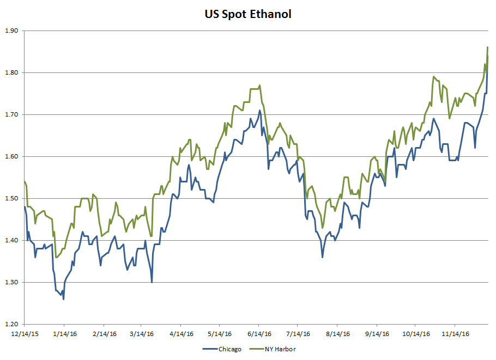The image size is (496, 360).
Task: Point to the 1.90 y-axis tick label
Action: click(x=11, y=31)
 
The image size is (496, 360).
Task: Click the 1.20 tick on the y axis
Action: click(x=11, y=325)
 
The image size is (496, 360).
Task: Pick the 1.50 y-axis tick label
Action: click(x=11, y=199)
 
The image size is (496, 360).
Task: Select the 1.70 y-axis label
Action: click(x=11, y=115)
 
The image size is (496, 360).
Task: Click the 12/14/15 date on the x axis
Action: click(x=24, y=333)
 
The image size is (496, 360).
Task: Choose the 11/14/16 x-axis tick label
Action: click(x=456, y=333)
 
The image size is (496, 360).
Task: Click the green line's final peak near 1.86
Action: click(x=487, y=48)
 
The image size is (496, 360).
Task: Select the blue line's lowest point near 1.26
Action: click(x=63, y=299)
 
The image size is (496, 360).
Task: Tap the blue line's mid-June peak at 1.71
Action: click(x=260, y=111)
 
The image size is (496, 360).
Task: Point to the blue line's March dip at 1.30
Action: click(x=152, y=282)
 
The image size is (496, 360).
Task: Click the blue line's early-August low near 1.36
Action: click(x=322, y=257)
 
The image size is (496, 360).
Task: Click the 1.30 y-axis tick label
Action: click(x=11, y=283)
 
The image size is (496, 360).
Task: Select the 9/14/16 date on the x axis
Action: click(x=377, y=333)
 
